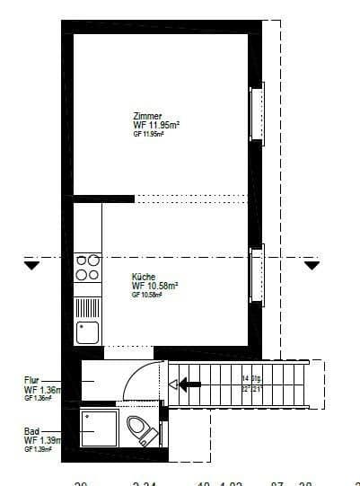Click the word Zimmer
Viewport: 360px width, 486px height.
[146, 117]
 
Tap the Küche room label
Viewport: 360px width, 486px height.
[144, 277]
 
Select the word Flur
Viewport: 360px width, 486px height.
[31, 381]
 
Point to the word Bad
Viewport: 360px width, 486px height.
[31, 432]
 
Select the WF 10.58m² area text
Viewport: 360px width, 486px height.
[154, 286]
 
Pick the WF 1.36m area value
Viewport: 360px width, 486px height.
[41, 390]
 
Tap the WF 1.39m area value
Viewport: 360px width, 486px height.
[41, 441]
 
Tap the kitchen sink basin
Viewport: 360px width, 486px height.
[88, 332]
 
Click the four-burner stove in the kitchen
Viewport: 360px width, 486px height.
[88, 268]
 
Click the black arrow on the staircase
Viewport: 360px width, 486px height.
[189, 384]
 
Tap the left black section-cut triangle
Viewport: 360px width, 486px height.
[32, 266]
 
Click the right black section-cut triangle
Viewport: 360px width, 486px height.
[312, 266]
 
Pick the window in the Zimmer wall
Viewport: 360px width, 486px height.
[256, 112]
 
